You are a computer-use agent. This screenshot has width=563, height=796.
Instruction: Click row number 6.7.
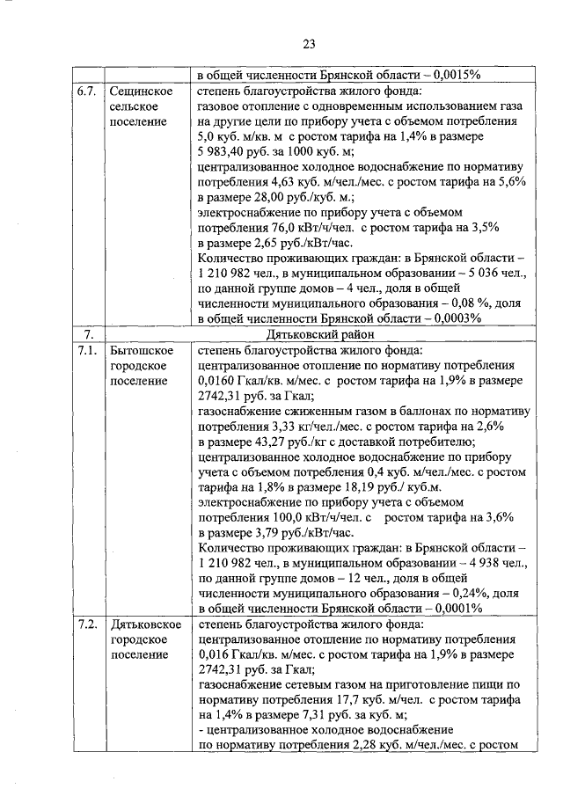point(85,90)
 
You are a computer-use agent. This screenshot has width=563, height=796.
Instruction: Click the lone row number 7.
point(85,334)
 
